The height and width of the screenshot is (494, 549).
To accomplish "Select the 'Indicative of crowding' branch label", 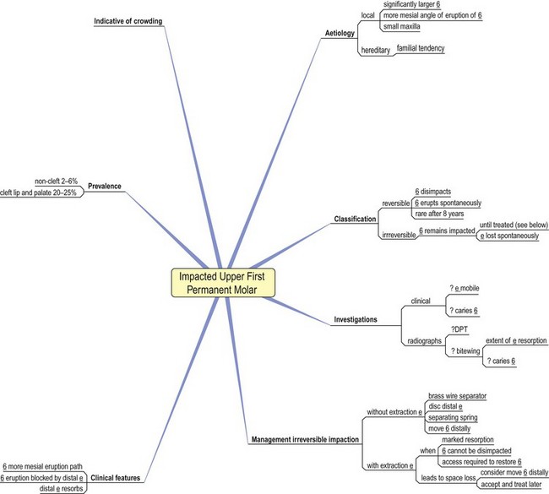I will pos(128,20).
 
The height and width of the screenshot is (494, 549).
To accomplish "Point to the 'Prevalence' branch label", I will pos(105,186).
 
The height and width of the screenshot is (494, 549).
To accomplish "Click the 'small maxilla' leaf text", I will pos(405,28).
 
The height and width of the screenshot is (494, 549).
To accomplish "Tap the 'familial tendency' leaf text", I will pos(421,48).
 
